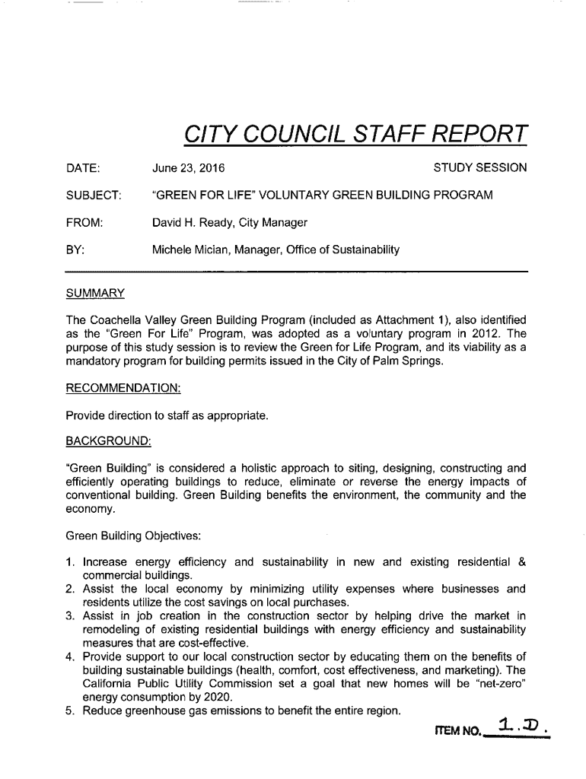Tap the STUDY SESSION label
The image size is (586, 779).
tap(479, 167)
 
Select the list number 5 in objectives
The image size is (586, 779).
tap(71, 711)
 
